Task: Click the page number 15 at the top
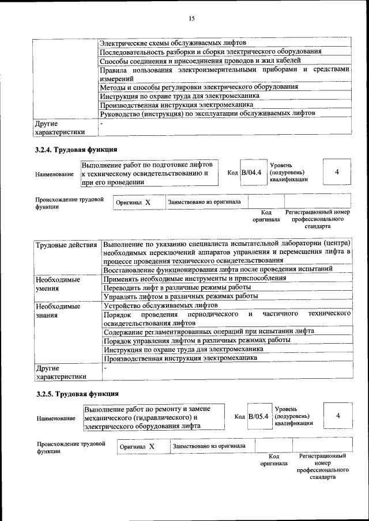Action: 191,18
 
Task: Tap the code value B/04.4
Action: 251,173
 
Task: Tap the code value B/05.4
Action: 258,416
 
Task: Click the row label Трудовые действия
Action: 66,246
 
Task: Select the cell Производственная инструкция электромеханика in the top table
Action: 176,105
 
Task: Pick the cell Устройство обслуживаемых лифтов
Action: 160,305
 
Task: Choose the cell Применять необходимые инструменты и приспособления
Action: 194,278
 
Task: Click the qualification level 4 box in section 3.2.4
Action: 337,173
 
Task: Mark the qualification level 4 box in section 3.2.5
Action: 338,416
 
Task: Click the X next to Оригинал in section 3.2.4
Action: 148,203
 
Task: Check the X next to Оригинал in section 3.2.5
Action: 152,446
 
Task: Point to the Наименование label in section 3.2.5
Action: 55,418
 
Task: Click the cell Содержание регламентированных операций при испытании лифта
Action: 209,332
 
